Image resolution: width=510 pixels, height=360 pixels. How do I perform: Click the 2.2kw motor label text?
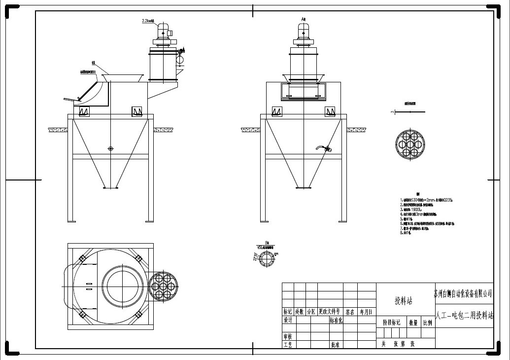coord(148,21)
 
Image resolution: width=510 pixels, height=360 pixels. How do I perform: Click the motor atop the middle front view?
coord(303,34)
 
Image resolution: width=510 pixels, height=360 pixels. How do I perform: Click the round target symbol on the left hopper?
coord(110,148)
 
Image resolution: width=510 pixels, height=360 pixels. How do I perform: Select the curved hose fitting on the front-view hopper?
coord(323,147)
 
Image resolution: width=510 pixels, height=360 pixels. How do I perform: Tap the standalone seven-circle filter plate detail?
coord(410,143)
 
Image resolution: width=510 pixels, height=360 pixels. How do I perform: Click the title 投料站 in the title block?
coord(403,300)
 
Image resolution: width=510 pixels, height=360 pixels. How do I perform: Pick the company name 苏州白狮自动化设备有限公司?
coord(464,293)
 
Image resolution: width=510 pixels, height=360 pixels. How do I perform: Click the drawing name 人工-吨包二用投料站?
coord(464,316)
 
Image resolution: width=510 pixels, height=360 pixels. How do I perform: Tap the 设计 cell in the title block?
coord(288,320)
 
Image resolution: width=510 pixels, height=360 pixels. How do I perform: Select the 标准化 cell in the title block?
coord(336,320)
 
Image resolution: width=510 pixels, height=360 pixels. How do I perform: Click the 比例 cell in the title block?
coord(427,323)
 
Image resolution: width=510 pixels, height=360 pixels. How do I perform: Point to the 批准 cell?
coord(335,345)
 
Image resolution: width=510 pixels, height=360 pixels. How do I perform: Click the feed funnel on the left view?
coord(123,78)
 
